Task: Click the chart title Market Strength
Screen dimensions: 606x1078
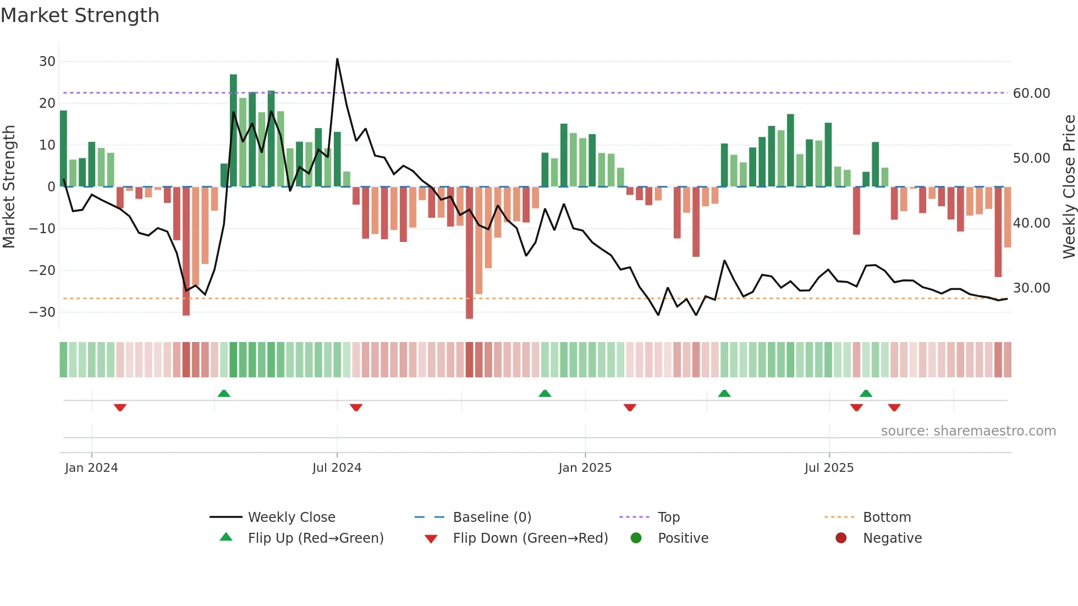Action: (80, 15)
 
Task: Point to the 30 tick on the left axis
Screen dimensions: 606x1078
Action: (47, 62)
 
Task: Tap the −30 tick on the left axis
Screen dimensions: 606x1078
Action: (42, 312)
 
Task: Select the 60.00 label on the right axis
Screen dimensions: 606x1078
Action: (1031, 93)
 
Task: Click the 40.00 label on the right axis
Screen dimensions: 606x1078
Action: (1031, 223)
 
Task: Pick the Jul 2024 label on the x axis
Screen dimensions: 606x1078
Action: (337, 468)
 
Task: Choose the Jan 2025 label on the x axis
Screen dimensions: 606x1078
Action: (585, 468)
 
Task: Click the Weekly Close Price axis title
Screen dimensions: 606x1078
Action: (1069, 187)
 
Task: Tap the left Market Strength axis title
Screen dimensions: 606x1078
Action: (9, 187)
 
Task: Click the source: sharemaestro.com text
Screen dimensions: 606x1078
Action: (968, 431)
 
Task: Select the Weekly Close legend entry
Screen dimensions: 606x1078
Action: (291, 517)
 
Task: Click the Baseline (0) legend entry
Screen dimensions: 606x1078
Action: (492, 517)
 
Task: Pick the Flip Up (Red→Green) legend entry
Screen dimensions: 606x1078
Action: (315, 538)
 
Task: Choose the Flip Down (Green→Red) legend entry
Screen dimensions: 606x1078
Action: (530, 538)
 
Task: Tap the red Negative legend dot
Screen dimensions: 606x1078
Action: (841, 538)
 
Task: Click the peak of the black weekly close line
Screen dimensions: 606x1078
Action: (337, 59)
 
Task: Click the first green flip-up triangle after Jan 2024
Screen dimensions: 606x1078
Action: (224, 394)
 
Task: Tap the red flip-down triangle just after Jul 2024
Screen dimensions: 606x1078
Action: (356, 407)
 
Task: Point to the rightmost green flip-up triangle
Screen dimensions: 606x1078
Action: (866, 394)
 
